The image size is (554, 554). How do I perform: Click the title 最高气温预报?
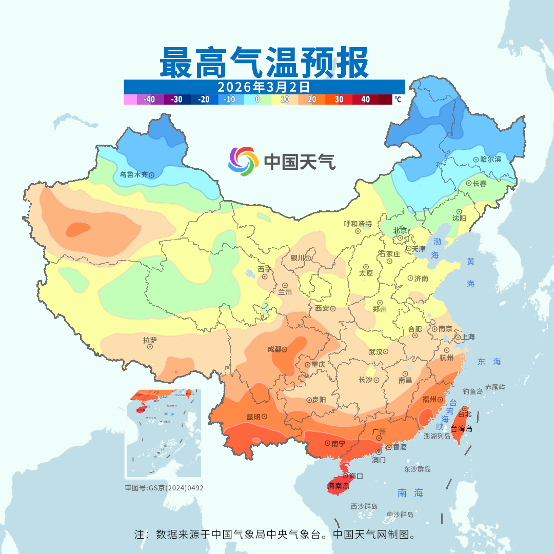264,63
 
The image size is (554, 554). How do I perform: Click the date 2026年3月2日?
264,86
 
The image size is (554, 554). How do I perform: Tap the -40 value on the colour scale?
150,100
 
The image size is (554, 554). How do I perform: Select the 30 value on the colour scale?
339,100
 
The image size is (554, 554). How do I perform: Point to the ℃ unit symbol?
398,100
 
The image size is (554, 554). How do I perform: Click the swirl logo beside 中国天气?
242,161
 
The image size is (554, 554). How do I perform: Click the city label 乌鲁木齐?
133,174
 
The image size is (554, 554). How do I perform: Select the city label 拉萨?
150,340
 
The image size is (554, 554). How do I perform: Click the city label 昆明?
253,417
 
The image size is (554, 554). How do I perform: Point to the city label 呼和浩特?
358,224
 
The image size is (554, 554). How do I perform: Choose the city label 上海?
468,337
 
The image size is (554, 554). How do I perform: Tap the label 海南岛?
339,485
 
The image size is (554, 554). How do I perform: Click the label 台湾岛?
462,429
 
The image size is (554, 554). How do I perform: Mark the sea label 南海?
410,493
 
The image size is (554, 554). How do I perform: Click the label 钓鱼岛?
472,391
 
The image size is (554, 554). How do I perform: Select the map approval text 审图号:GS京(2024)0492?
164,488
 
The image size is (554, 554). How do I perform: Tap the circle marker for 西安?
333,309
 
